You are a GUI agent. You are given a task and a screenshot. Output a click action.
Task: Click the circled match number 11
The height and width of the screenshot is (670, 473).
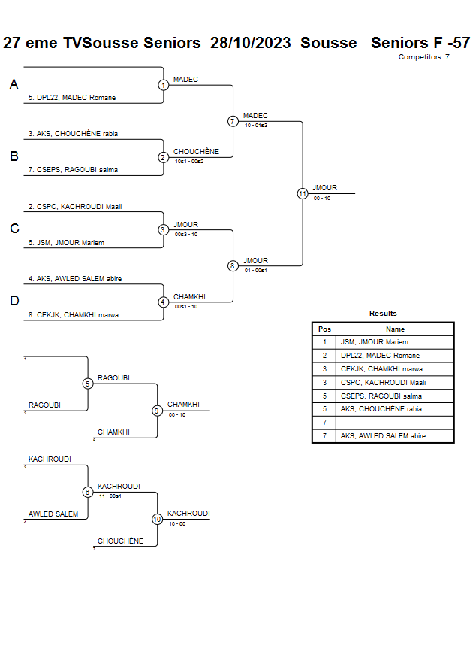(x=303, y=193)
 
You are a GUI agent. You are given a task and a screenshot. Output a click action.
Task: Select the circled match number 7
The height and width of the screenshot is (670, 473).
(x=233, y=121)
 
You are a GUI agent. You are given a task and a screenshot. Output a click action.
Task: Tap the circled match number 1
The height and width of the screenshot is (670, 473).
(x=163, y=85)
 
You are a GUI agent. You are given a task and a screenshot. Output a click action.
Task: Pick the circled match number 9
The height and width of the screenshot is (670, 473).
(x=157, y=411)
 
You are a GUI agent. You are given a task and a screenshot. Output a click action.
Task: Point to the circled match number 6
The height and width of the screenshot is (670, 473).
(x=88, y=492)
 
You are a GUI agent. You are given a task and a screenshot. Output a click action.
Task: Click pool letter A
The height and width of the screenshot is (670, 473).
(x=14, y=85)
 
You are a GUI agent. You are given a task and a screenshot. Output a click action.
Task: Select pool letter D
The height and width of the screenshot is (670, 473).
(x=14, y=301)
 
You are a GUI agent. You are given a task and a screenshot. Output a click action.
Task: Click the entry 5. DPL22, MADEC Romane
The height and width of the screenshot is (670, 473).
(x=72, y=98)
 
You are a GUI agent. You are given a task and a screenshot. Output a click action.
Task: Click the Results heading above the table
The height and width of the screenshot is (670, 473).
(x=383, y=314)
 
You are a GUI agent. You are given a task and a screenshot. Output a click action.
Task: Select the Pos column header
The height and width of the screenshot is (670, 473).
(x=324, y=329)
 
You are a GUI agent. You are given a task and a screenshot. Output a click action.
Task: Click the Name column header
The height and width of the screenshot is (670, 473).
(x=395, y=329)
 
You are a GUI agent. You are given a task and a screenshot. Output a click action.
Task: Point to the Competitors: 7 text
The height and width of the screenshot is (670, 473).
(x=424, y=57)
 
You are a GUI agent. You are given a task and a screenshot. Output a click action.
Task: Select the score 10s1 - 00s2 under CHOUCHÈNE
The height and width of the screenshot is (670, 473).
(x=189, y=161)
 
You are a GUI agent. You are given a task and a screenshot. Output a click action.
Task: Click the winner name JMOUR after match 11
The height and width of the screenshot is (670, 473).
(x=325, y=188)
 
